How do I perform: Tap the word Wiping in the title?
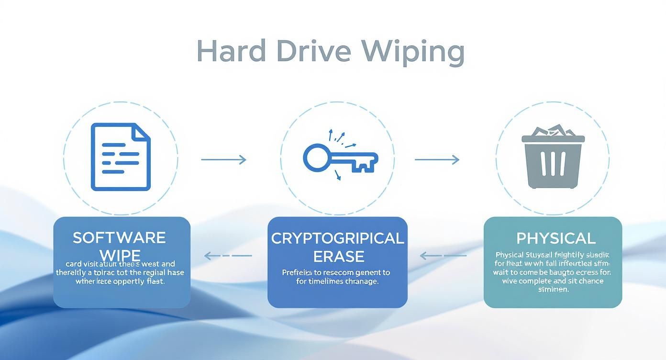(x=412, y=52)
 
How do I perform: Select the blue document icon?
(x=121, y=157)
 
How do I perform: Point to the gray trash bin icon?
(x=553, y=160)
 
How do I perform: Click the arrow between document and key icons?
(x=223, y=159)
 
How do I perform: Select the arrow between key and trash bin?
(x=437, y=159)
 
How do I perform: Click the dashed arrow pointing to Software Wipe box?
(x=228, y=256)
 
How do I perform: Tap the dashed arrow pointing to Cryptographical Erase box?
(x=443, y=256)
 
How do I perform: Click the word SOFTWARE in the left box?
(x=119, y=238)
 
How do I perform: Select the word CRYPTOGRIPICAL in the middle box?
(x=337, y=238)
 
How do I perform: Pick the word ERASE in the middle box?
(x=338, y=256)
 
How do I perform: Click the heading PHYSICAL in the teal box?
(x=556, y=238)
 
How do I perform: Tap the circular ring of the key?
(x=316, y=158)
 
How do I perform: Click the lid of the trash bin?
(x=553, y=139)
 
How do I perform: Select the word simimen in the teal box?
(x=554, y=290)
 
